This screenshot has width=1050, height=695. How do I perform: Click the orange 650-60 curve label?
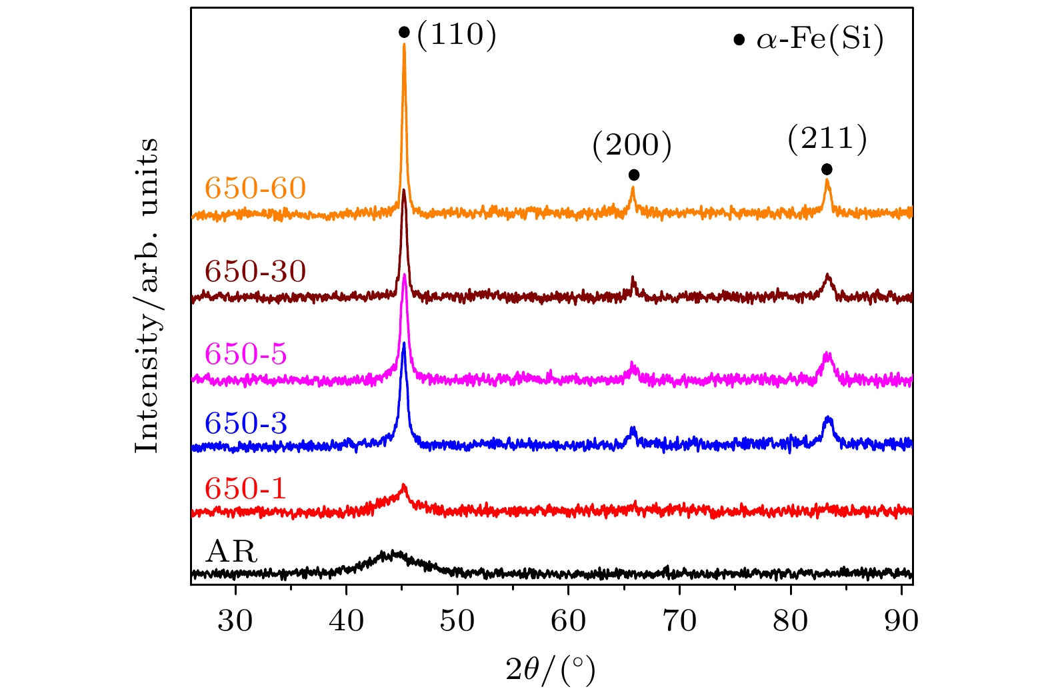(255, 189)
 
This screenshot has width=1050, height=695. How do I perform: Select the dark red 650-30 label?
(255, 271)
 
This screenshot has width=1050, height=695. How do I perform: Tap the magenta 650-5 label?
(246, 354)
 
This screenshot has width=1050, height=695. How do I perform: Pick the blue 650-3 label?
(246, 423)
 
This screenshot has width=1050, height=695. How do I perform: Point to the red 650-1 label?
(245, 489)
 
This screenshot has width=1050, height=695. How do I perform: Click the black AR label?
(231, 552)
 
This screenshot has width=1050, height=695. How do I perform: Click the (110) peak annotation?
(457, 35)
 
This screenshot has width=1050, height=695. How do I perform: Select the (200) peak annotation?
(632, 146)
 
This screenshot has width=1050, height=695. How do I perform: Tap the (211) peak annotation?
(827, 139)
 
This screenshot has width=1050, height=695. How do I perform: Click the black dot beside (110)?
(404, 32)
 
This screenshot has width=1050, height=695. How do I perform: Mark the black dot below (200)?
(634, 175)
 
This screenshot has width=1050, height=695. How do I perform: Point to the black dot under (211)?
(827, 169)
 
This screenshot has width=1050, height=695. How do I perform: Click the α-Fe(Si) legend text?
(820, 40)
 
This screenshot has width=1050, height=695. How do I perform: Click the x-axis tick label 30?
(235, 621)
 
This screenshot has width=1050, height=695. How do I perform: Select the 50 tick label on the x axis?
(457, 621)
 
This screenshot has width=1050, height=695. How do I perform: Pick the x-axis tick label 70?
(679, 621)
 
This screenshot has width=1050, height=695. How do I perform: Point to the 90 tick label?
(901, 621)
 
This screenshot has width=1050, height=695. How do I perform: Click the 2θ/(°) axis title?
(551, 670)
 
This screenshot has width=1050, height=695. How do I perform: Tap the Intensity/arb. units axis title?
(147, 295)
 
